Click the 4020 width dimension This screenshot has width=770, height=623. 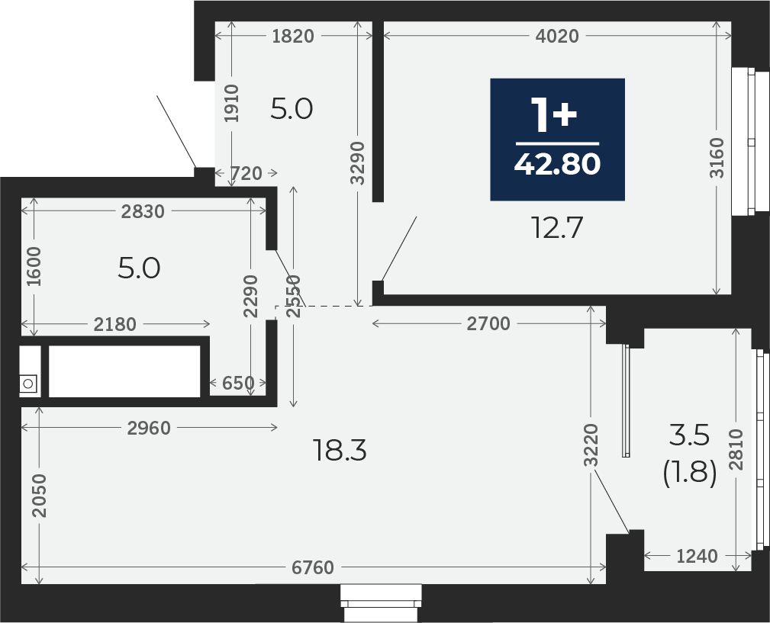point(557,36)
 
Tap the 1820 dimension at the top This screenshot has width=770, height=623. point(293,36)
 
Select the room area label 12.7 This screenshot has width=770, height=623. point(557,227)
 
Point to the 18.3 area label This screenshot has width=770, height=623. point(340,451)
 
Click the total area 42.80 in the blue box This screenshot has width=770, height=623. point(557,164)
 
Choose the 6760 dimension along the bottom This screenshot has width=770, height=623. point(313,567)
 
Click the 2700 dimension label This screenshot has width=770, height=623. point(488,324)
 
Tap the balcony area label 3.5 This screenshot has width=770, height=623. point(689,435)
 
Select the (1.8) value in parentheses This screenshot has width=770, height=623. point(690,474)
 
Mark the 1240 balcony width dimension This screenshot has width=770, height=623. point(697,557)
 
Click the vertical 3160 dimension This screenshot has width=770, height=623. point(717,158)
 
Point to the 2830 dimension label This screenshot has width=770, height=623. point(143,211)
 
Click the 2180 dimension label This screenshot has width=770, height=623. point(114,324)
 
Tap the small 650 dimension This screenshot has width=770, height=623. point(238,383)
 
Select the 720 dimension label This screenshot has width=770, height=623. point(246,173)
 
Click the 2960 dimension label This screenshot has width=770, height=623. point(149,429)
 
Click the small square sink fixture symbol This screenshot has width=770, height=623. point(28,384)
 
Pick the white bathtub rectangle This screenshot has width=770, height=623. point(124,371)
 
